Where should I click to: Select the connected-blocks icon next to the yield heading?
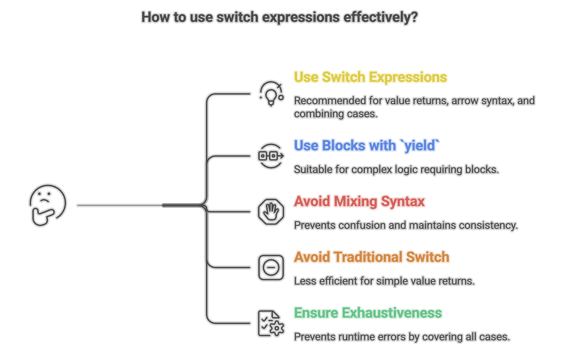click(x=271, y=156)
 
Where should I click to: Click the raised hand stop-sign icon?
click(x=271, y=212)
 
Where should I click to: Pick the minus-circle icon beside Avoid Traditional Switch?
click(x=271, y=267)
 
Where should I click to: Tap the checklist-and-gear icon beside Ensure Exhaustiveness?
click(x=271, y=323)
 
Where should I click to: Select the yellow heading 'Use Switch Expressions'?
click(x=370, y=77)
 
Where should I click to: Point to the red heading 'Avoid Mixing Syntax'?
click(x=359, y=201)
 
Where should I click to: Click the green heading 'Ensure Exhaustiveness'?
click(x=368, y=313)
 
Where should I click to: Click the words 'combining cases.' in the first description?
click(x=336, y=114)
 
